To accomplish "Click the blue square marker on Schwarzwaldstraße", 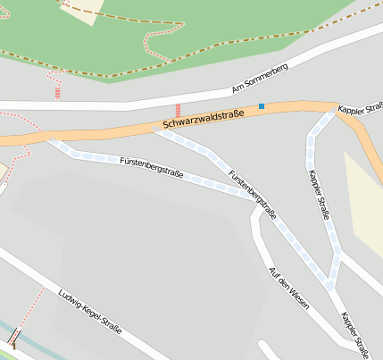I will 262,106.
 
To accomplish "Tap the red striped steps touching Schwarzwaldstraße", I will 178,110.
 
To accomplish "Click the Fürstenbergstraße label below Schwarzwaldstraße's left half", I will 151,167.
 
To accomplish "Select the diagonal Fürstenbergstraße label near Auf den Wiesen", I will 252,195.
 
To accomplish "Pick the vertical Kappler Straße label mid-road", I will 319,194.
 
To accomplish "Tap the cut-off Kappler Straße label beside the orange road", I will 360,111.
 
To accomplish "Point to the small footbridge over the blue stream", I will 14,343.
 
